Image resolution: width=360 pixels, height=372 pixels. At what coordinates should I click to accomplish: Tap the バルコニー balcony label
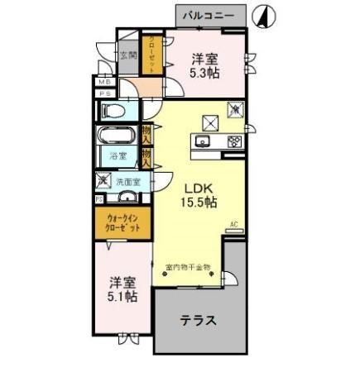(210, 14)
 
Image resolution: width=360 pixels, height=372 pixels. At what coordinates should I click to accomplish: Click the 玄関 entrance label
(127, 56)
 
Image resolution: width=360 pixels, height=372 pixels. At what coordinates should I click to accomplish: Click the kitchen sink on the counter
(204, 141)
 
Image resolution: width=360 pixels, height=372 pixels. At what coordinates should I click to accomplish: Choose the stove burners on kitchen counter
(233, 141)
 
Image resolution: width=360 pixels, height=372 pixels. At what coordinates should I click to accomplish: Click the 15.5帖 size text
(199, 202)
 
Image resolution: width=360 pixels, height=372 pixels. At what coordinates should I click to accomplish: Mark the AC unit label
(233, 224)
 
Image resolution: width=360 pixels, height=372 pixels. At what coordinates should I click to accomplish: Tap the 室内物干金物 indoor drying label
(189, 267)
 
